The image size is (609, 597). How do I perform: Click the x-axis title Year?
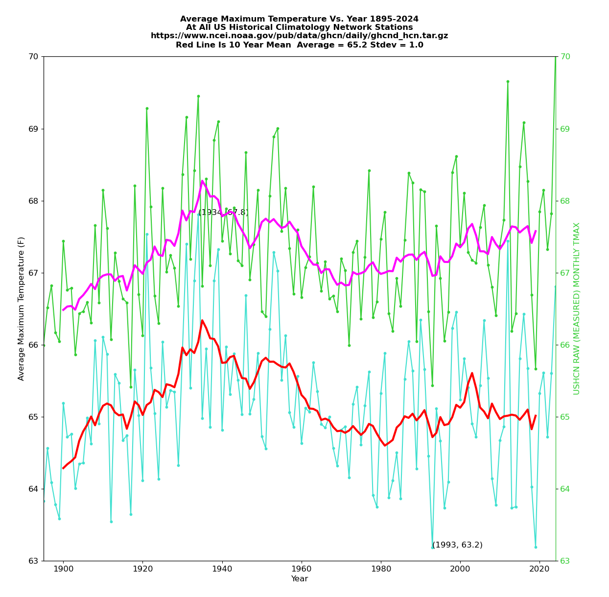(x=300, y=579)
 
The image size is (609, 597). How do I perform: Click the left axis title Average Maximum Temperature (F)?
(x=22, y=309)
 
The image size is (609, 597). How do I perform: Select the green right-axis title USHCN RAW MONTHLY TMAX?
(x=577, y=309)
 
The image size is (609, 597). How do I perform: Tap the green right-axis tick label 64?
(x=565, y=489)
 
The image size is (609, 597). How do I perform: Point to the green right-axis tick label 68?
(x=565, y=201)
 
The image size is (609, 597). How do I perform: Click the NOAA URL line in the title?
(x=299, y=36)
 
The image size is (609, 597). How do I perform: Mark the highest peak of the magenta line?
(x=202, y=181)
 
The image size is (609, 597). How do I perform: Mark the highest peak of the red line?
(x=202, y=320)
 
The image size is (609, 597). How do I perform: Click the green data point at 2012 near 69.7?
(x=508, y=81)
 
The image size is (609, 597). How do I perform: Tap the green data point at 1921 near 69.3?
(x=147, y=108)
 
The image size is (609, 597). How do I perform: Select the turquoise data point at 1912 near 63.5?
(x=111, y=522)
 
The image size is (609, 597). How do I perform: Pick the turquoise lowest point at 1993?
(x=432, y=547)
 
